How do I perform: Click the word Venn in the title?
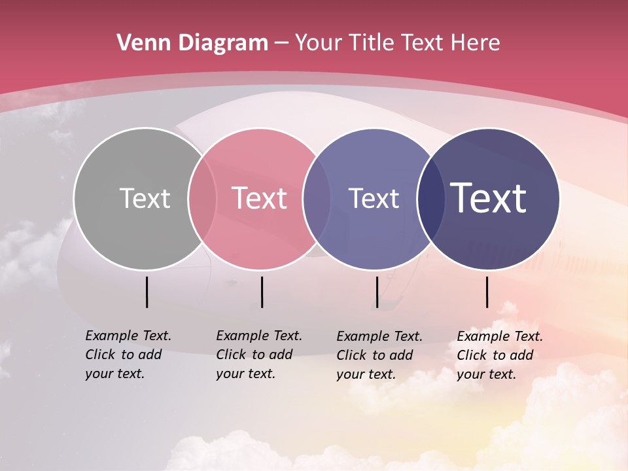pyautogui.click(x=137, y=43)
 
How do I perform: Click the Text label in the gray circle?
pyautogui.click(x=145, y=198)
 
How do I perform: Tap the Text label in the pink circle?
pyautogui.click(x=259, y=198)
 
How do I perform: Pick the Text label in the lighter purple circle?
pyautogui.click(x=374, y=198)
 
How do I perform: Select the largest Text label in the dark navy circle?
pyautogui.click(x=489, y=198)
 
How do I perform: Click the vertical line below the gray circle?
pyautogui.click(x=147, y=292)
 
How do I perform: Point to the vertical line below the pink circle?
pyautogui.click(x=262, y=292)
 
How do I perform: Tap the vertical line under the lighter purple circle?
pyautogui.click(x=377, y=292)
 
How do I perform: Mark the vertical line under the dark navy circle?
pyautogui.click(x=487, y=292)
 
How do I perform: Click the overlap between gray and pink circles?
pyautogui.click(x=202, y=198)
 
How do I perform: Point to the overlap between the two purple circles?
pyautogui.click(x=431, y=198)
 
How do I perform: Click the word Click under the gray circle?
pyautogui.click(x=100, y=355)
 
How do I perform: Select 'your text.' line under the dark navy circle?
pyautogui.click(x=486, y=374)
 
